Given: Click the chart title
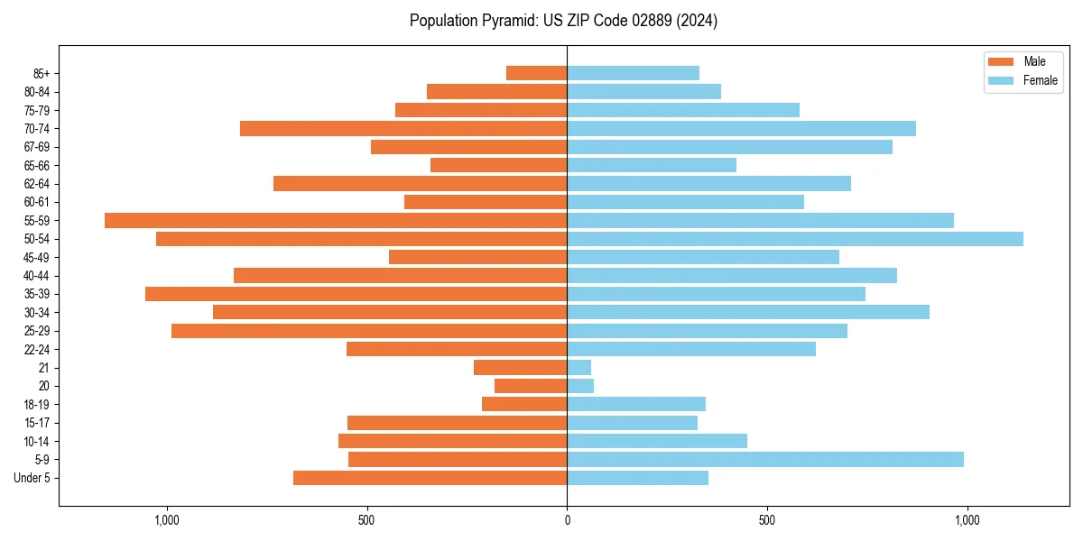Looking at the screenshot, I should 563,21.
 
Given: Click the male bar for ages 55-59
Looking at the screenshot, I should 336,220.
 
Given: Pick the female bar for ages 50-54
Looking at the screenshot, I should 795,239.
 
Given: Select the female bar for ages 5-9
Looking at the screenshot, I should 765,459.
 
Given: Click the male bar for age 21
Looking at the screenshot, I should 521,367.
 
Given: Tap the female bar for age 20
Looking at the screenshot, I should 580,386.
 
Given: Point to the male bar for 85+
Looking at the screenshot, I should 537,73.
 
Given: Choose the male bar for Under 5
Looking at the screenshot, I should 430,478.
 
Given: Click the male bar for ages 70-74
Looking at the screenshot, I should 403,128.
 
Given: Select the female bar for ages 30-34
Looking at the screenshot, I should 748,312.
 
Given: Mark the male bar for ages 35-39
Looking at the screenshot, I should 356,294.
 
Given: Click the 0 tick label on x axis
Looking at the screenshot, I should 567,520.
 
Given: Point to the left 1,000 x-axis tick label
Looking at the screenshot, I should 167,520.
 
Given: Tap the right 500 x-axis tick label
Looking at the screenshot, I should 767,520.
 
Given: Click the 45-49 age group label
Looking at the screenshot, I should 37,257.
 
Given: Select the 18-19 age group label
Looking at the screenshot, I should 37,404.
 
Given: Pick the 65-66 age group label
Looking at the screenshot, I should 37,165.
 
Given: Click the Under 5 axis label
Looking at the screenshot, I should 32,478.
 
